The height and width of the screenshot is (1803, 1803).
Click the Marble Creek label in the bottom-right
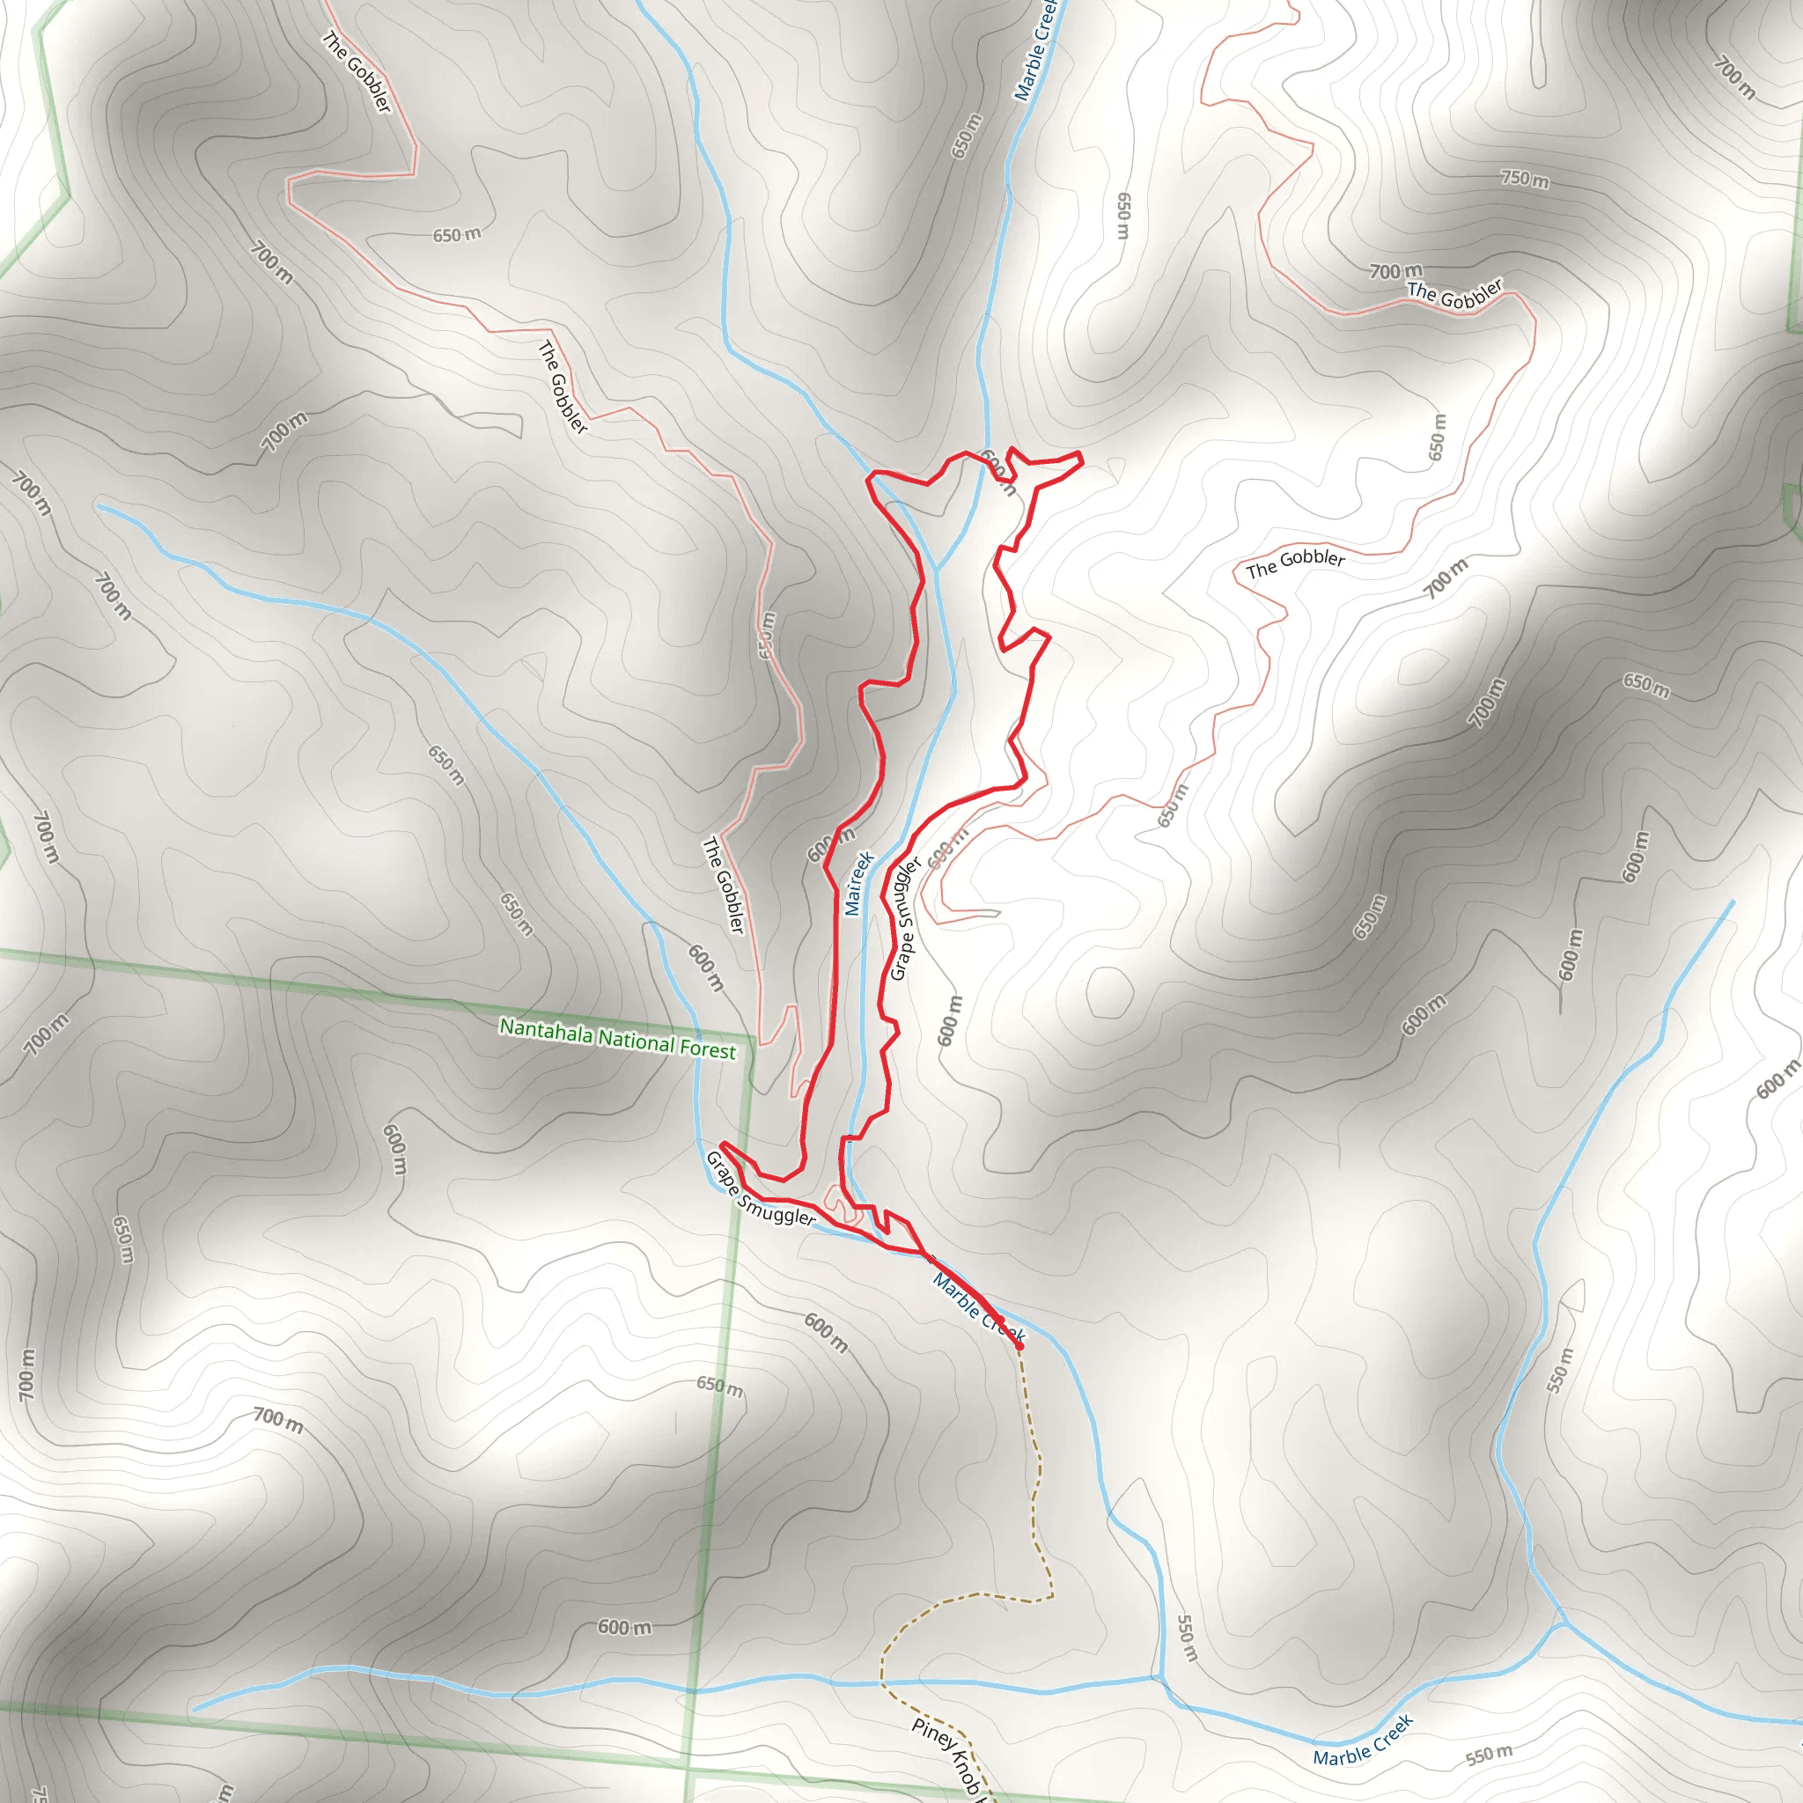coord(1363,1740)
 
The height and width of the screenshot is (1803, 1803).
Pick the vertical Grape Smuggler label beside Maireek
coord(904,918)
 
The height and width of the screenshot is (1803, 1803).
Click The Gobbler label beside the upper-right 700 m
coord(1455,295)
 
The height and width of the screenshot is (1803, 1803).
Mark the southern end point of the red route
coord(1019,1347)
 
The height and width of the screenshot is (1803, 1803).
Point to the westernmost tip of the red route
coord(724,1144)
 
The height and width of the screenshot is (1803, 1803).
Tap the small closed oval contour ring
coord(1109,993)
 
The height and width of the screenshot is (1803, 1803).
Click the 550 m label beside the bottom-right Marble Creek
coord(1489,1755)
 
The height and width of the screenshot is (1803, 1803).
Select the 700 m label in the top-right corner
coord(1734,79)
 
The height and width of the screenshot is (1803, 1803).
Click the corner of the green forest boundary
coord(750,1037)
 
